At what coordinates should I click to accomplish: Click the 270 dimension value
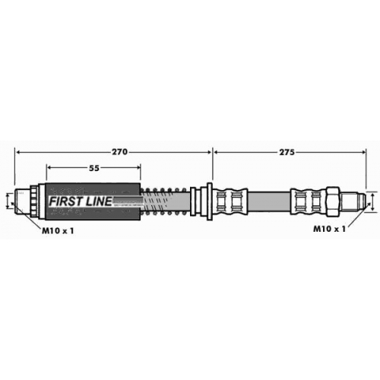point(119,152)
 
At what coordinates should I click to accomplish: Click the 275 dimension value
point(287,152)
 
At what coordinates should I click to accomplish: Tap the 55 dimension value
point(94,168)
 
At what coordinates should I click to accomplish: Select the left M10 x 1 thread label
point(58,230)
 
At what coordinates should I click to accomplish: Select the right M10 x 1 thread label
point(329,229)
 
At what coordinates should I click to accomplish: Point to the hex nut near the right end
point(333,201)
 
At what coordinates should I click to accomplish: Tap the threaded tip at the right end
point(353,201)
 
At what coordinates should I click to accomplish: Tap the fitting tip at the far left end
point(22,201)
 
